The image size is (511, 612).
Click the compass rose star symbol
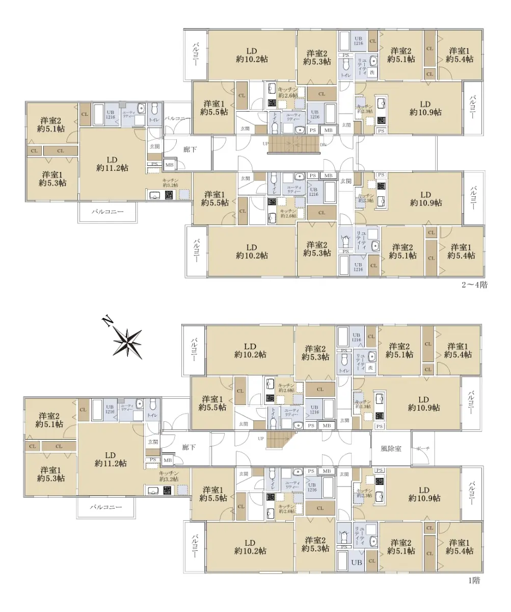(127, 342)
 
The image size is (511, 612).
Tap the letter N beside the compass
(107, 321)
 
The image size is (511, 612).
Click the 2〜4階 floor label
(474, 285)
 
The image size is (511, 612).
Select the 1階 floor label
(474, 580)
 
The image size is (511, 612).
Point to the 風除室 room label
(391, 449)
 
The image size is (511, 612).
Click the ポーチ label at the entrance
(423, 448)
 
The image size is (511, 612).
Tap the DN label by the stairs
(322, 144)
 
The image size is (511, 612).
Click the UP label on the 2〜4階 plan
(265, 144)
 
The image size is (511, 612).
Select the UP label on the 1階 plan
(261, 438)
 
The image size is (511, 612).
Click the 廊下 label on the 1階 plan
(189, 447)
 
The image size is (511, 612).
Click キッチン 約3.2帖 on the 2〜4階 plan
(170, 183)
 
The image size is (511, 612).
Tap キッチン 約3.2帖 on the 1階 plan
(169, 476)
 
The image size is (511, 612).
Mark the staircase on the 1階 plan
(281, 440)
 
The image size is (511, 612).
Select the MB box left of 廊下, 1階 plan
(168, 461)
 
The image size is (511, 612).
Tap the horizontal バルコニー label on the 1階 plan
(106, 507)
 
